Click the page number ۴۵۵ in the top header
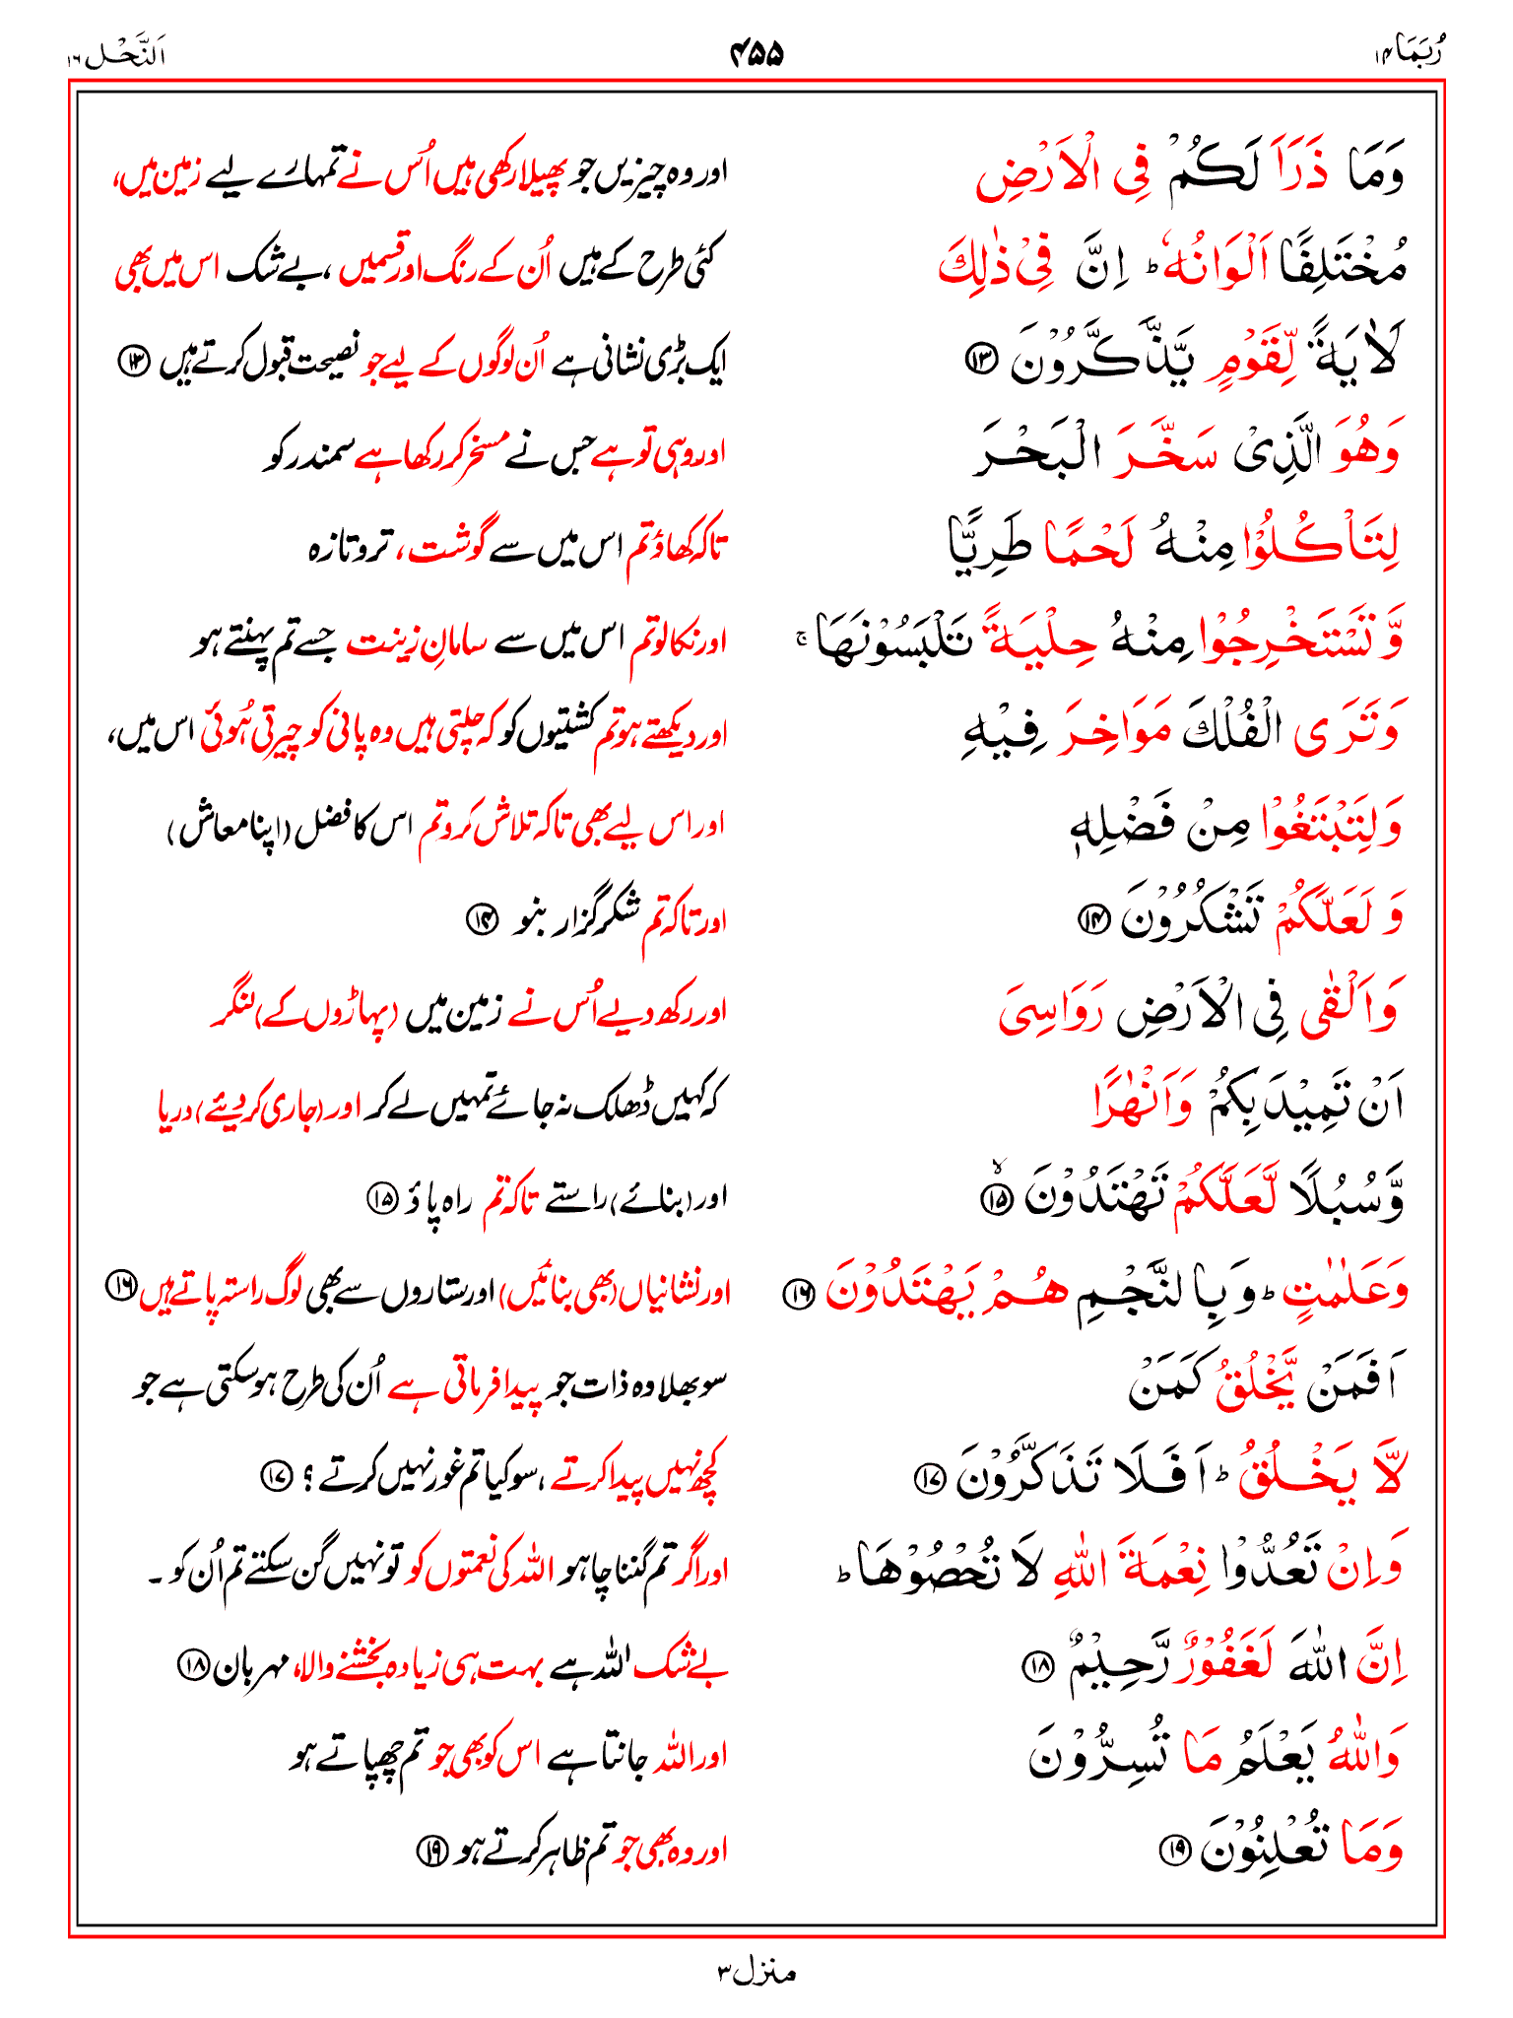[756, 53]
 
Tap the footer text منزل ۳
[756, 1972]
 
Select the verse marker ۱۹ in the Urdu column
[429, 1851]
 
